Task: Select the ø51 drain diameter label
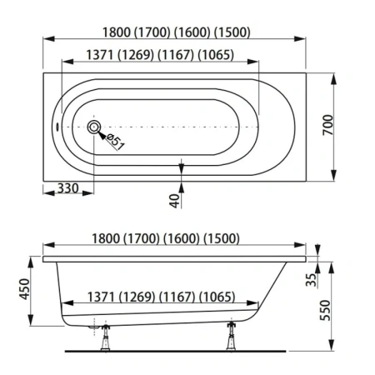coord(115,142)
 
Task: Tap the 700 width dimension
coord(328,125)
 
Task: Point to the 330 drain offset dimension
coord(67,188)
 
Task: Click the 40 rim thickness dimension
coord(174,201)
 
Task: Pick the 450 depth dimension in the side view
coord(24,289)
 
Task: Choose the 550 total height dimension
coord(326,310)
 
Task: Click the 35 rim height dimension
coord(311,280)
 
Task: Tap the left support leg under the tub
coord(106,337)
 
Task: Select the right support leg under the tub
coord(231,336)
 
